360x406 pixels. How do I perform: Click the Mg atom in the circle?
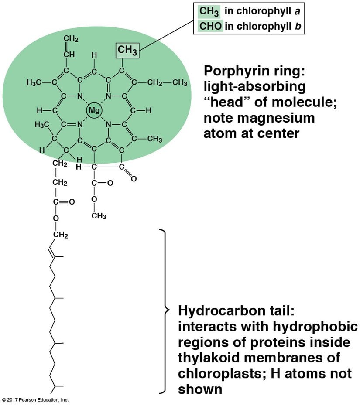pos(94,110)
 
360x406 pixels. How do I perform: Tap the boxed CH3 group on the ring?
pos(127,51)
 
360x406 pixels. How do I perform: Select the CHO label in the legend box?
pos(210,26)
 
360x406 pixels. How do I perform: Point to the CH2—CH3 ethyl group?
pos(166,83)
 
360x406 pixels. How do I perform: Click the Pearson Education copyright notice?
pos(35,399)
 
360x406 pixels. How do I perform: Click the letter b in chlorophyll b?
pos(298,26)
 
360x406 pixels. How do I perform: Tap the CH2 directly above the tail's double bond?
pos(60,236)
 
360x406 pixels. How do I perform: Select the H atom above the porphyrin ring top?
pos(94,55)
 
